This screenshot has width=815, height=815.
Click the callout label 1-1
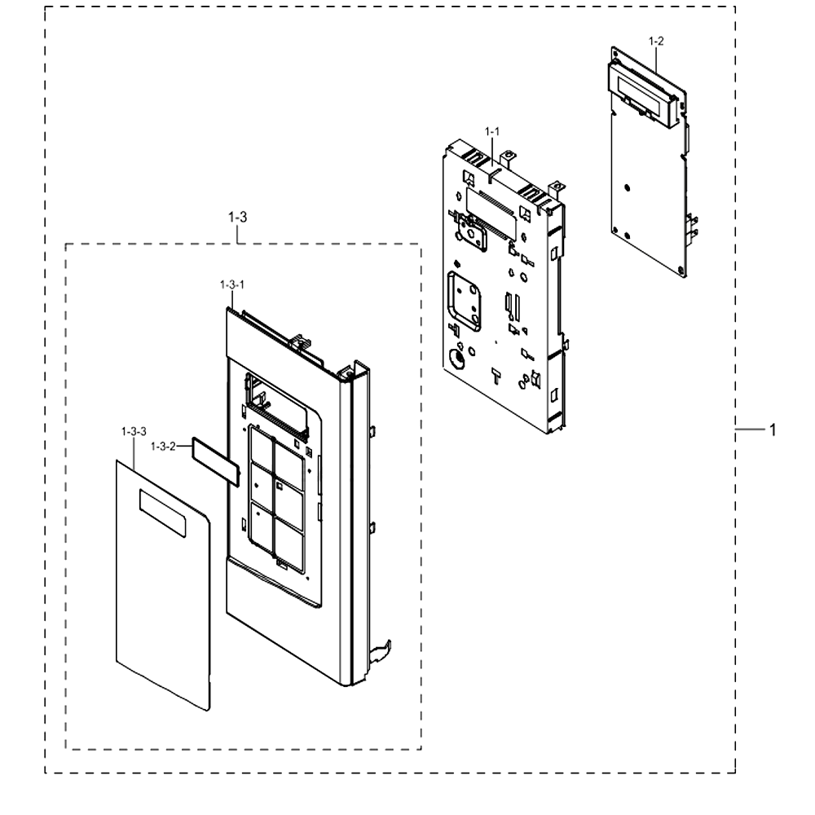coord(492,131)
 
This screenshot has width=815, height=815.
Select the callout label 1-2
coord(656,41)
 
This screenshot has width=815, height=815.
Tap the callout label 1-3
coord(237,218)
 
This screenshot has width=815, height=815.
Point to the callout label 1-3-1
coord(231,284)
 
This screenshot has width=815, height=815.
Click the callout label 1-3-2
coord(163,447)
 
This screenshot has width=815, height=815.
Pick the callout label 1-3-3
coord(134,431)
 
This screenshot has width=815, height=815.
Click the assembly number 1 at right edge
coord(773,430)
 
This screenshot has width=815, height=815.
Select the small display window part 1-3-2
coord(216,461)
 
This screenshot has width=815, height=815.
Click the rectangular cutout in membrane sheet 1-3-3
coord(162,513)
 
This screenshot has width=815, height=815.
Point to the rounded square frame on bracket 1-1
coord(465,301)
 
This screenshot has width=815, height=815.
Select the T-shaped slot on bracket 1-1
coord(496,376)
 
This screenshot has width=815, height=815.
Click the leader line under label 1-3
coord(237,234)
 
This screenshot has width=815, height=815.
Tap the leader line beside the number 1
coord(751,430)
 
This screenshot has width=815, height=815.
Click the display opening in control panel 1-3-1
coord(277,403)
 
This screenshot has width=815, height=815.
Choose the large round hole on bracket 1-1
coord(456,359)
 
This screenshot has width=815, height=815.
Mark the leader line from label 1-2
coord(656,59)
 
